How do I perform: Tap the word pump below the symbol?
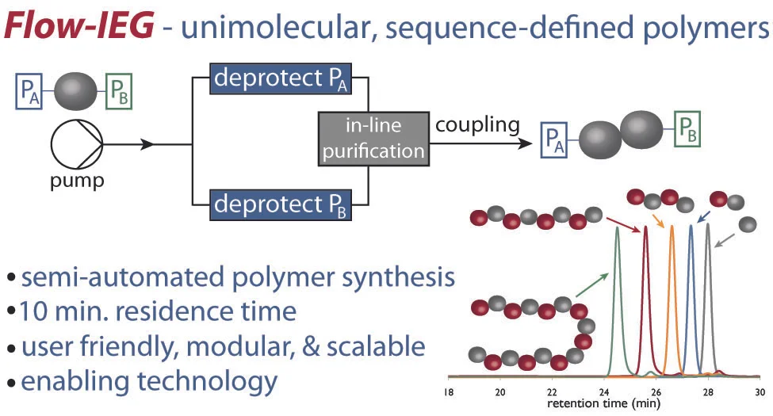click(x=77, y=181)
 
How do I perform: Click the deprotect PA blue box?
click(x=282, y=80)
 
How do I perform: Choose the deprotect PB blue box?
click(x=282, y=207)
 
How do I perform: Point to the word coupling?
click(x=477, y=125)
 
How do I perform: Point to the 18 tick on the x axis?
click(x=449, y=390)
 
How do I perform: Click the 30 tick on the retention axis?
click(x=759, y=390)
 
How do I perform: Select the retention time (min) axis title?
click(x=603, y=404)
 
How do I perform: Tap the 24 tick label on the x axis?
click(x=604, y=390)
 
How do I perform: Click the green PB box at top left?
click(x=118, y=92)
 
